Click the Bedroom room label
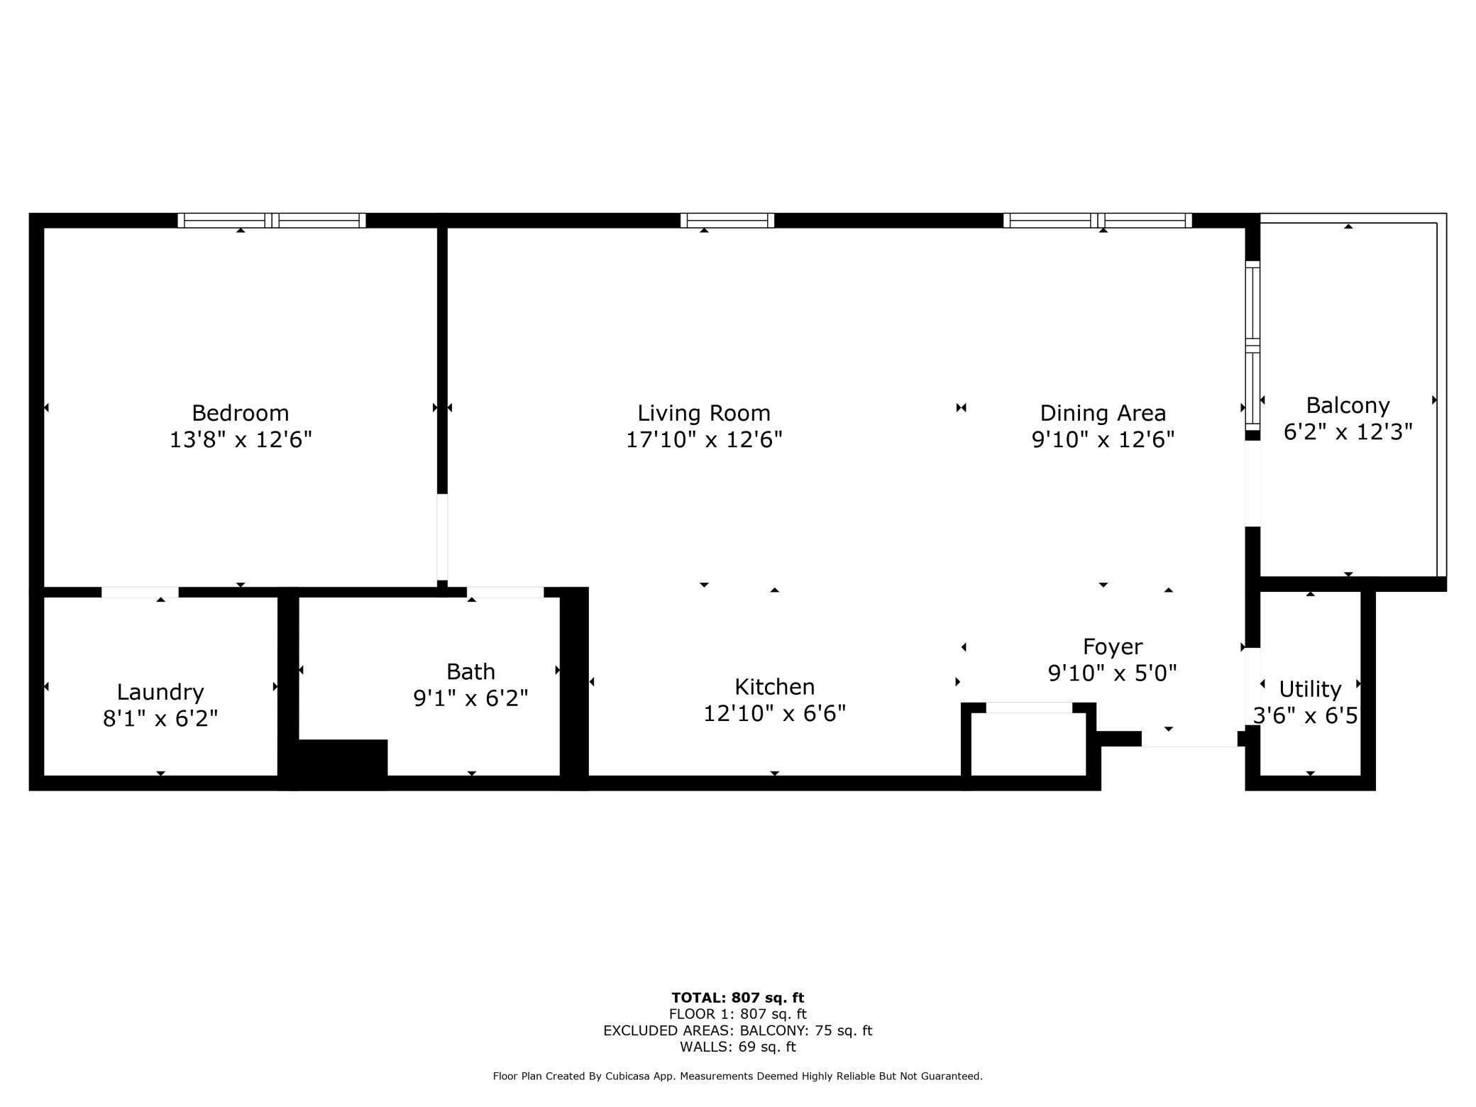click(240, 413)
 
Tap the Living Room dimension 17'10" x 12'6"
click(703, 440)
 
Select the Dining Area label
click(1102, 413)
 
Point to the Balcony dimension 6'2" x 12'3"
click(1348, 432)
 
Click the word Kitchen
click(774, 687)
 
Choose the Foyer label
click(1112, 646)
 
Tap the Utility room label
click(1309, 689)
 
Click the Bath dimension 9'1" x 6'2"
click(470, 699)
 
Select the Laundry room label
click(160, 692)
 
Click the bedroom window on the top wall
click(271, 221)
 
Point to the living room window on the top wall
click(727, 221)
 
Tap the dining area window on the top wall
click(1097, 221)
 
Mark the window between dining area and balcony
click(1252, 343)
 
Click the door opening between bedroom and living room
click(442, 536)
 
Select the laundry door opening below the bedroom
click(140, 592)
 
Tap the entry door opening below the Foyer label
click(1189, 739)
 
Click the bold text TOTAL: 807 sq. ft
click(737, 998)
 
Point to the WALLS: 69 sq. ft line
click(737, 1047)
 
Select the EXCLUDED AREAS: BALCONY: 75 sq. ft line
click(737, 1030)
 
